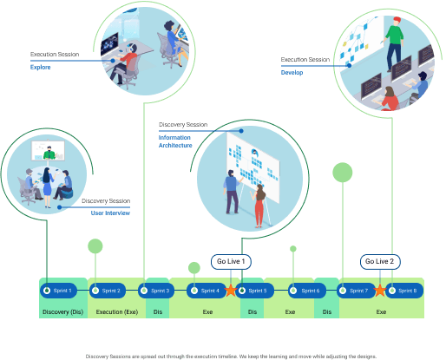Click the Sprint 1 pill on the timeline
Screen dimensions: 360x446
click(60, 290)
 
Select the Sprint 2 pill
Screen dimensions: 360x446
click(108, 290)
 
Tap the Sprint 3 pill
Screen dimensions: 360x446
click(157, 290)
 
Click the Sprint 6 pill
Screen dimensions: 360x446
click(305, 290)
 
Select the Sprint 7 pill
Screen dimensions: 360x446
click(354, 290)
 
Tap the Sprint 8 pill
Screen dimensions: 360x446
click(403, 290)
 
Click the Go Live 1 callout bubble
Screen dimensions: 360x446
click(231, 261)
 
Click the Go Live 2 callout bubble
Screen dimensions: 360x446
click(379, 261)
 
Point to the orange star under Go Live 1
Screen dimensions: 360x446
click(231, 290)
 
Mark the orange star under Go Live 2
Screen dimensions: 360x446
click(379, 290)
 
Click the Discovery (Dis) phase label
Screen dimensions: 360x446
click(62, 310)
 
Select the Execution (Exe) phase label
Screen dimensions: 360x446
click(116, 310)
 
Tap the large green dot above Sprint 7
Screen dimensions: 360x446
click(343, 172)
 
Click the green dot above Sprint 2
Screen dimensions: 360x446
click(95, 246)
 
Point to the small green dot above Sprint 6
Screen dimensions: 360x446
click(293, 249)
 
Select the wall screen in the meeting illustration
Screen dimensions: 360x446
click(49, 154)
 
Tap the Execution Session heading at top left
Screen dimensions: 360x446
click(55, 54)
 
